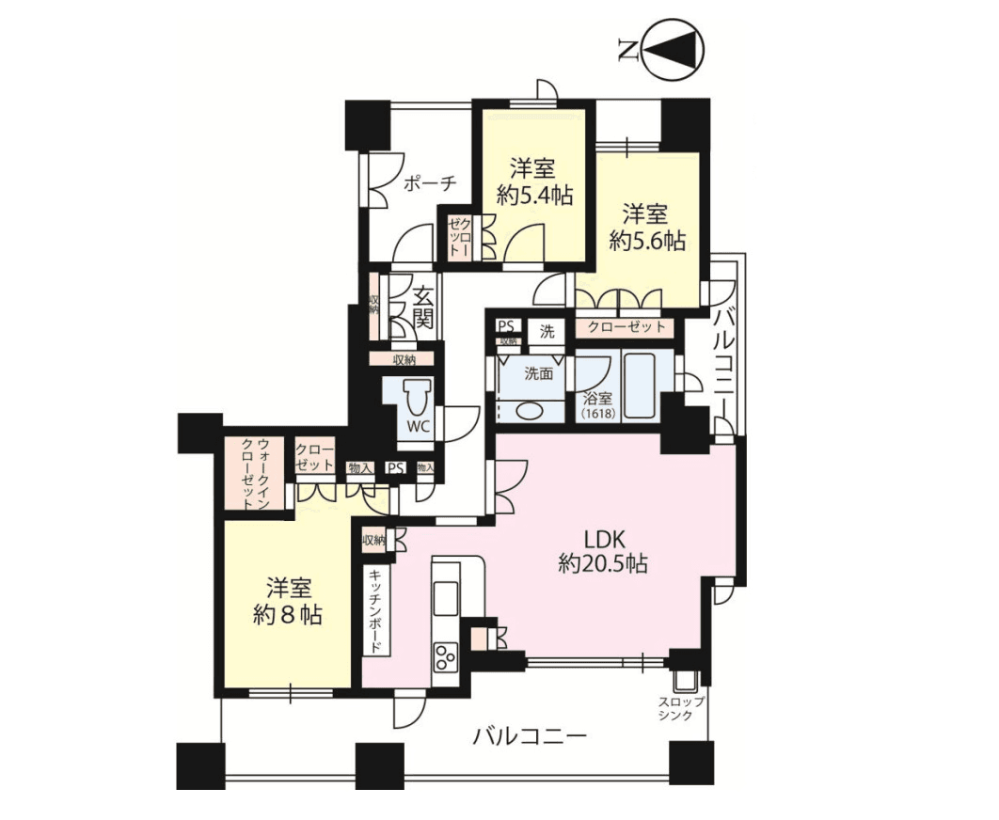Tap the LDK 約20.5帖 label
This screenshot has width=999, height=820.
click(x=601, y=551)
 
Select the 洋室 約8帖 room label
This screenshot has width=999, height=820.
click(x=288, y=602)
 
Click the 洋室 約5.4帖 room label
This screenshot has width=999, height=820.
click(x=533, y=182)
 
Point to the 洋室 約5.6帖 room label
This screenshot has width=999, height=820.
click(x=645, y=226)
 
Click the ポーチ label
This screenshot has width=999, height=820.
click(x=429, y=183)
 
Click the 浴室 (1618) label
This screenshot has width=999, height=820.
click(x=596, y=405)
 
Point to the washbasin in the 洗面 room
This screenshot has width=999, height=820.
click(x=529, y=410)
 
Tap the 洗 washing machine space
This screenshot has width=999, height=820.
click(x=547, y=331)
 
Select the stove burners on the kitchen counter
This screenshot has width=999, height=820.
click(x=444, y=654)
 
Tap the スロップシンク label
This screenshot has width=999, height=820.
click(x=680, y=708)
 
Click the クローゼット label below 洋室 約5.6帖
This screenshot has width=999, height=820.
click(x=626, y=327)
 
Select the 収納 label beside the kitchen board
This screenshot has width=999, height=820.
click(x=373, y=540)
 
